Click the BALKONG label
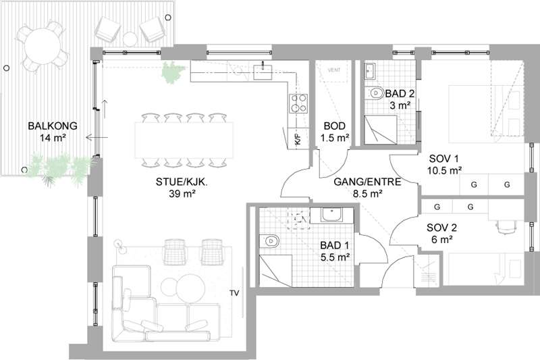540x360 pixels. pos(53,126)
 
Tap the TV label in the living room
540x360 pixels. pos(234,293)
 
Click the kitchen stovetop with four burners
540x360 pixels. pos(298,103)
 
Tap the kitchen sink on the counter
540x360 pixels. pos(263,72)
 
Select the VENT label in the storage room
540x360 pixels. pos(334,70)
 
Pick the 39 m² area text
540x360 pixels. pos(182,194)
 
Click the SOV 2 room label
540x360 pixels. pos(441,228)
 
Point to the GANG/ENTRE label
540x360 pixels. pos(367,182)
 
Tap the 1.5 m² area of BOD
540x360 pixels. pos(335,138)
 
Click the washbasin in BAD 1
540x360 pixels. pos(331,215)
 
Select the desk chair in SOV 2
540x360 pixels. pos(506,227)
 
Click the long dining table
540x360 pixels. pos(184,139)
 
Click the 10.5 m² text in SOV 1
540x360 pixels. pos(444,170)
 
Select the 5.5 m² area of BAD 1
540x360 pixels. pos(335,257)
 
